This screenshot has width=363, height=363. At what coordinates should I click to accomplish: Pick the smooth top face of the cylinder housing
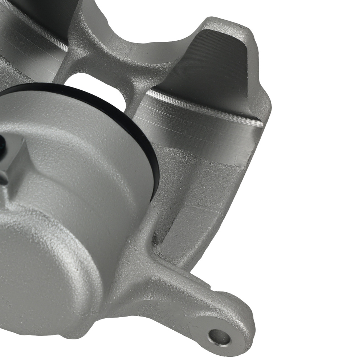(73, 120)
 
